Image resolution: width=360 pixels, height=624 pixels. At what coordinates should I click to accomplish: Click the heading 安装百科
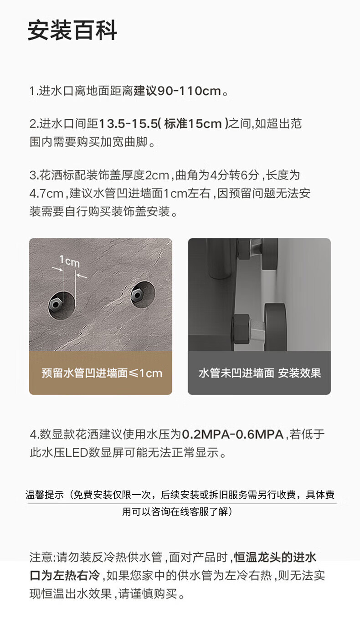[72, 30]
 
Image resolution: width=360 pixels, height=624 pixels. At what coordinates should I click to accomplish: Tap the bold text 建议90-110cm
[177, 91]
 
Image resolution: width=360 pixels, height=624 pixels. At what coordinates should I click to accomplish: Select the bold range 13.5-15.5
[129, 124]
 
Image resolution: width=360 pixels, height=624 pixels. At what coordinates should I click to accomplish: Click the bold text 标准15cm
[193, 124]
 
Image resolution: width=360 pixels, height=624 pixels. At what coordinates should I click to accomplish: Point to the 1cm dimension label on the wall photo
[69, 261]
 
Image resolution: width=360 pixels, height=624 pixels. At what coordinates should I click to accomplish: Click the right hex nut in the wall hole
[137, 295]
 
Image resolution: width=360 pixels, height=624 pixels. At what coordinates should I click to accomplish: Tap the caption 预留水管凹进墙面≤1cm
[102, 373]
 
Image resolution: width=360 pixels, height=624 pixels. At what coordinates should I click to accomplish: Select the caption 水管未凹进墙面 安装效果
[260, 373]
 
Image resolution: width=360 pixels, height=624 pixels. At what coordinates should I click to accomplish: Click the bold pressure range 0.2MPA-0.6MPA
[232, 435]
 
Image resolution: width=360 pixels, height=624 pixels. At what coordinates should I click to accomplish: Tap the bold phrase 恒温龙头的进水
[275, 558]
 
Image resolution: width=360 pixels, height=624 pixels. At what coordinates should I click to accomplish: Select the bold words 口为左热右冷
[65, 576]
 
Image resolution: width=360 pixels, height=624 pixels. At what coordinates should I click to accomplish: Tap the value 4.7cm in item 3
[46, 194]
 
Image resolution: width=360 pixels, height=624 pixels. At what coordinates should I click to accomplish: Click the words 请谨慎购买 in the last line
[148, 593]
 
